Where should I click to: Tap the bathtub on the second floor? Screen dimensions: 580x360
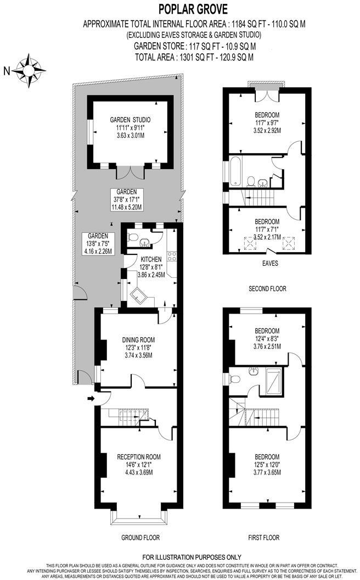tap(236, 171)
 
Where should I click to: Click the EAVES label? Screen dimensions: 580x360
tap(269, 263)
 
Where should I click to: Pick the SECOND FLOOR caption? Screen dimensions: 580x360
tap(267, 288)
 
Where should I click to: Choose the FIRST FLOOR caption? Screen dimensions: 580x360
tap(264, 537)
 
